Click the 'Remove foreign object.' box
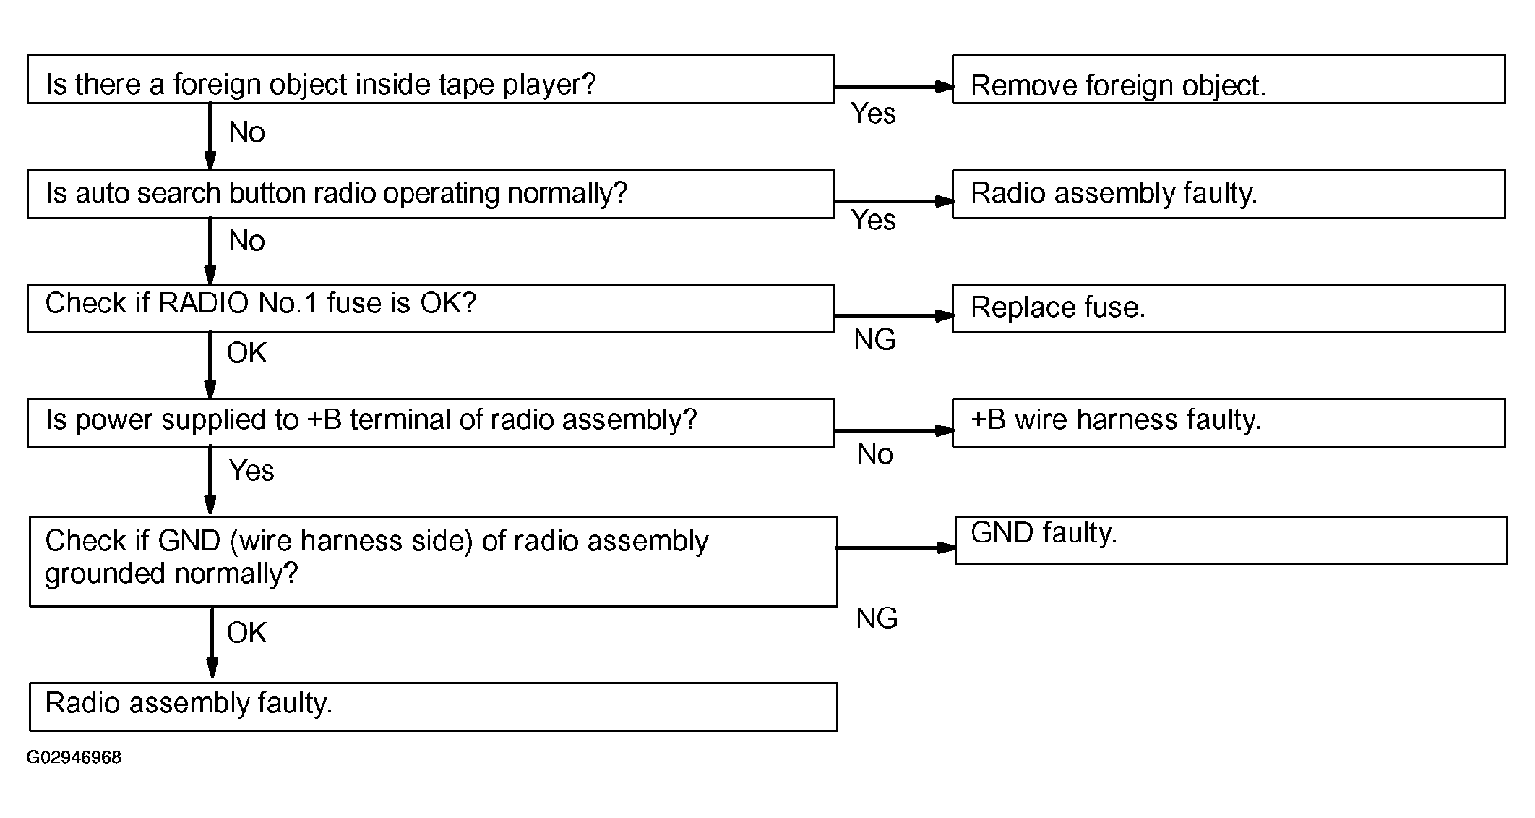tap(1229, 80)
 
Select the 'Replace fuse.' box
tap(1229, 308)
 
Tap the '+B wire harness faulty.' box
tap(1229, 422)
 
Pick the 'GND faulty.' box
tap(1231, 540)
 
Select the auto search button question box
tap(431, 194)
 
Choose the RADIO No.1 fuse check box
tap(431, 308)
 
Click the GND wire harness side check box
tap(434, 561)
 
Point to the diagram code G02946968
tap(74, 757)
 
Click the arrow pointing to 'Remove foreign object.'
tap(894, 87)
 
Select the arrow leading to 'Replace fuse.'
tap(894, 315)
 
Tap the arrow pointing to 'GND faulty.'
tap(897, 548)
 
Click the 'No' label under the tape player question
tap(246, 132)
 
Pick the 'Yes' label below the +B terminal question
tap(251, 471)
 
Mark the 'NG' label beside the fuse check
tap(874, 339)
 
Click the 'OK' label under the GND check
tap(246, 633)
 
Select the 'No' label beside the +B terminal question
tap(874, 454)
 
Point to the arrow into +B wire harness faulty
tap(894, 430)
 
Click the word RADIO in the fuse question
tap(204, 303)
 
